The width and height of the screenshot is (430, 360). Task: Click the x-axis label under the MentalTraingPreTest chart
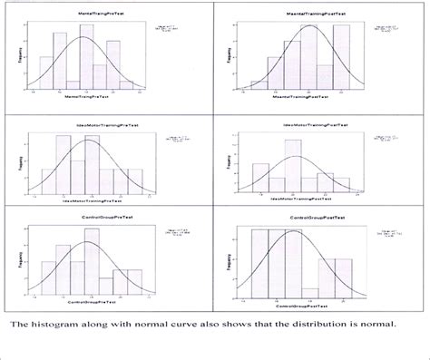(86, 107)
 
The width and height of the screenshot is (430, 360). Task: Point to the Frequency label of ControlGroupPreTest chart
(16, 257)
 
